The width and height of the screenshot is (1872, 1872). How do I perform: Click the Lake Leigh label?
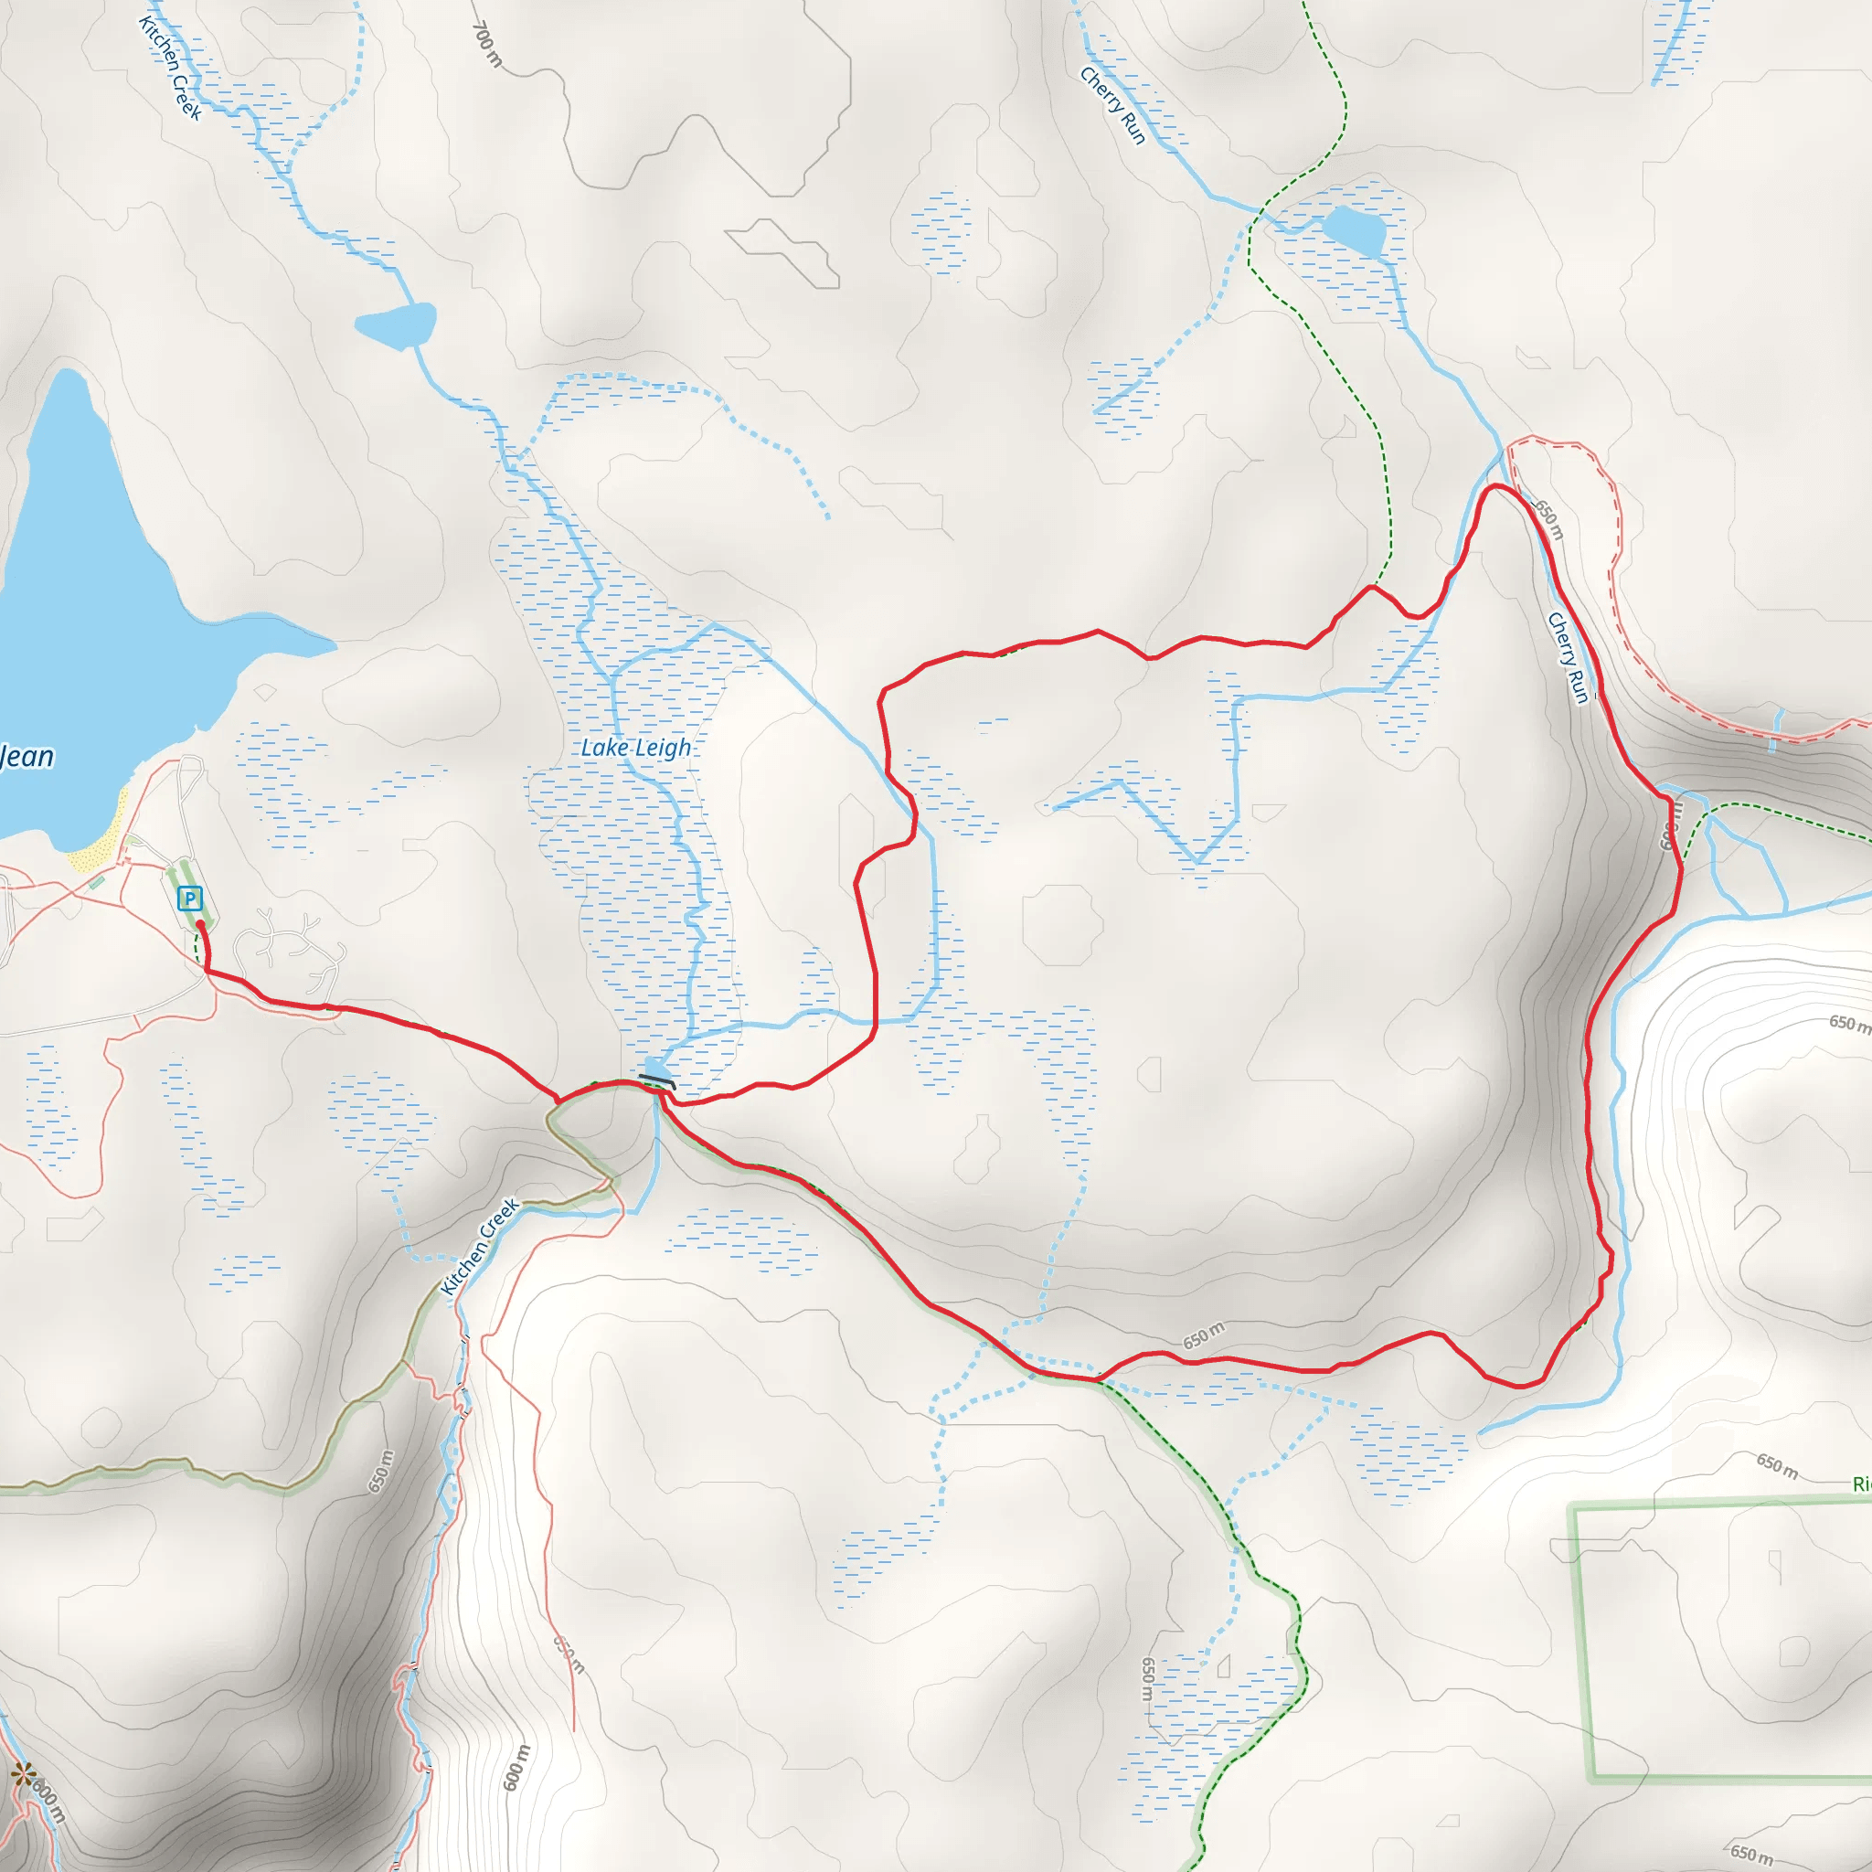click(x=635, y=747)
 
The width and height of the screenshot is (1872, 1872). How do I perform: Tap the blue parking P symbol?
click(x=190, y=899)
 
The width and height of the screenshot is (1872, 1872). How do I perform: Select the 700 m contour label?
click(x=487, y=45)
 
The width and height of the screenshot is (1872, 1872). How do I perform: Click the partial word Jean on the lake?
click(x=27, y=756)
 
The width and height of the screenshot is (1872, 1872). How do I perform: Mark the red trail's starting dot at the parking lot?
click(x=200, y=924)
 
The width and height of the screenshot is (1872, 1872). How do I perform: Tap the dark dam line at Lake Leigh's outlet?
click(x=657, y=1080)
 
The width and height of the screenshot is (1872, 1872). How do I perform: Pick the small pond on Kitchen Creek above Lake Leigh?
click(x=395, y=324)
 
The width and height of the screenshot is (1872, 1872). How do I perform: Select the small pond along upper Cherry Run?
click(x=1354, y=229)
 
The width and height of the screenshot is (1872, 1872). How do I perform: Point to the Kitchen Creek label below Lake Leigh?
click(x=480, y=1247)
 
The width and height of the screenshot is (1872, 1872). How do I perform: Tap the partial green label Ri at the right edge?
click(x=1861, y=1484)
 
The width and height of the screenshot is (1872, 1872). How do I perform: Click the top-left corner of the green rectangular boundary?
click(x=1572, y=1506)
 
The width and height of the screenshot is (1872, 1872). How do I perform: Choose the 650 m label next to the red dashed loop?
click(x=1548, y=518)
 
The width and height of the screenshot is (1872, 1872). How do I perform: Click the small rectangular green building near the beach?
click(x=97, y=882)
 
